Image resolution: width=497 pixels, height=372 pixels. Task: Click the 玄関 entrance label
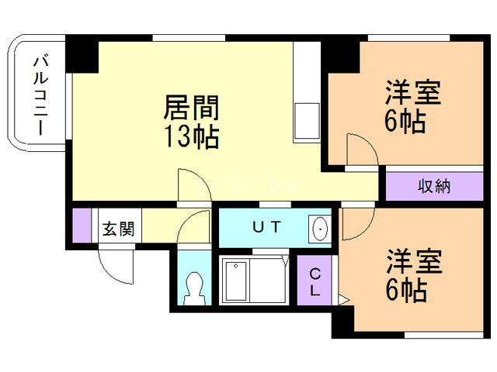pos(118,229)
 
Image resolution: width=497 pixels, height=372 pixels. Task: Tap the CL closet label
pos(316,283)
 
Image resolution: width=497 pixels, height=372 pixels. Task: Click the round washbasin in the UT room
pos(319,229)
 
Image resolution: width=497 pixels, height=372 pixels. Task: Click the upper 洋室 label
pos(413,92)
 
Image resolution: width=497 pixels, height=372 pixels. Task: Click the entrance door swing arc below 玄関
pos(114,267)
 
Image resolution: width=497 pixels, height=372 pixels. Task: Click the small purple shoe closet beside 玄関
pos(82,226)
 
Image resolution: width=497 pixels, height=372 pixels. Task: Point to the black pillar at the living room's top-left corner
pos(82,53)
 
